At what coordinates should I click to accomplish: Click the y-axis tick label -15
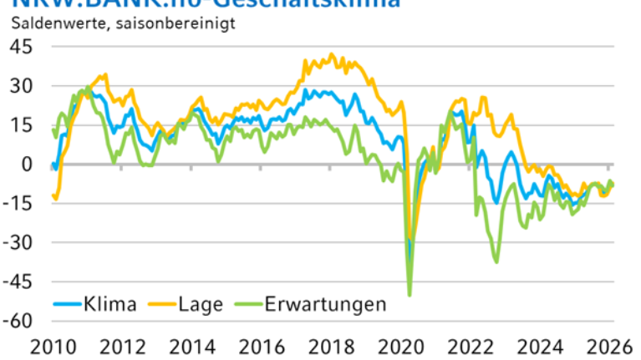[x=18, y=204]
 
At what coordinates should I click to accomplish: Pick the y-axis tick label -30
[x=18, y=243]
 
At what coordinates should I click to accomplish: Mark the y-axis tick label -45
[x=18, y=282]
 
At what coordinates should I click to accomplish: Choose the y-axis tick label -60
[x=18, y=322]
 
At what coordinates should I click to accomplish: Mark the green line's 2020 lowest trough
[x=410, y=295]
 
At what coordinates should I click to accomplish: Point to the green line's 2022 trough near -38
[x=496, y=262]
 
